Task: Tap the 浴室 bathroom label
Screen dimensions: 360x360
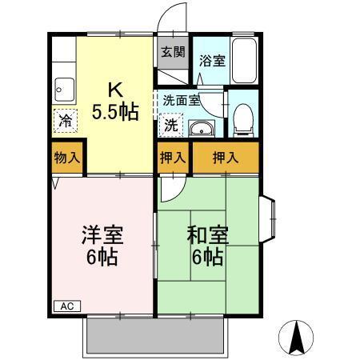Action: pos(211,60)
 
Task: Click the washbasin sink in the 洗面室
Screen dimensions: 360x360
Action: pos(201,128)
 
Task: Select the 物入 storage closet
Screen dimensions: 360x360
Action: pos(67,158)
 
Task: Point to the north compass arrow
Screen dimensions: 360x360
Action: pos(298,337)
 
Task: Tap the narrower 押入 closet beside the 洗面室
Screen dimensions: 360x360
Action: pos(173,158)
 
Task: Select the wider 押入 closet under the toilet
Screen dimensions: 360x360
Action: pos(226,158)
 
